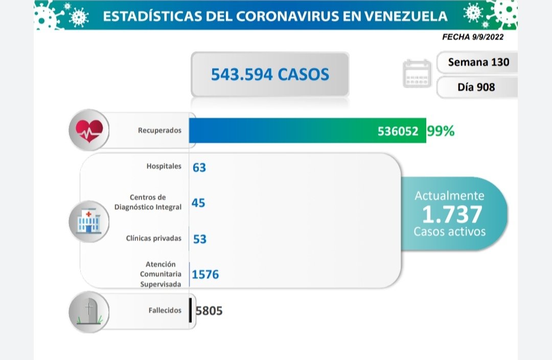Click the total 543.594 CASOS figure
pos(270,75)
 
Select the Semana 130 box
pos(478,62)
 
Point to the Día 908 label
pos(476,87)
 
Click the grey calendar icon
pos(417,74)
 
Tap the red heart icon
pos(89,130)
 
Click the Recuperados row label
pos(159,130)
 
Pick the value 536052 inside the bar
pos(398,131)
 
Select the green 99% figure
pos(441,131)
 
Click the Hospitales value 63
pos(199,167)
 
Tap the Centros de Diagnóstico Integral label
pos(155,202)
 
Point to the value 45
pos(198,203)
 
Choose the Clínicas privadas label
pos(153,238)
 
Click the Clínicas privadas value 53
pos(200,239)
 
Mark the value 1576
pos(205,275)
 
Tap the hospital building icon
pos(89,221)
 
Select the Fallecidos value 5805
pos(209,310)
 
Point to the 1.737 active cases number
pos(452,214)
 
